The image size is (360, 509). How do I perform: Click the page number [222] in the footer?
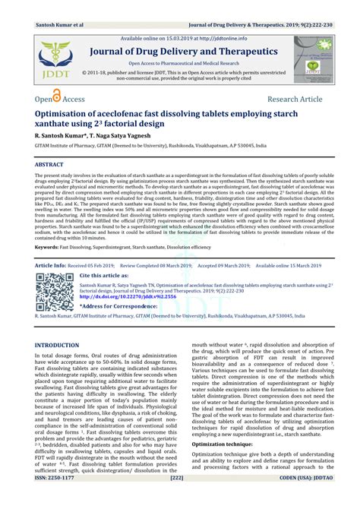coord(178,501)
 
